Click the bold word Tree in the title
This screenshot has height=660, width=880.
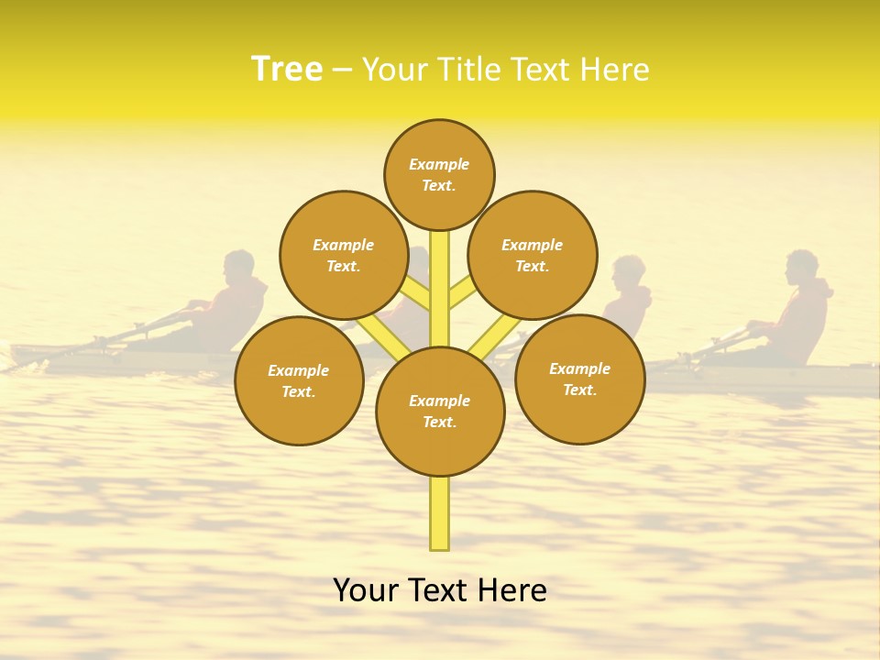pyautogui.click(x=287, y=70)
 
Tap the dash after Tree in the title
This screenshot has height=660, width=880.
pyautogui.click(x=342, y=71)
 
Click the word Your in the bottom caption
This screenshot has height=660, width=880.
pyautogui.click(x=365, y=590)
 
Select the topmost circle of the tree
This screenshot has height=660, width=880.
pyautogui.click(x=439, y=174)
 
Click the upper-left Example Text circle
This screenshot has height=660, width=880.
pyautogui.click(x=343, y=255)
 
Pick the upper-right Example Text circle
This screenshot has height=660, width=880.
pyautogui.click(x=532, y=255)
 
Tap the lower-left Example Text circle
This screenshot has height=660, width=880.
pyautogui.click(x=298, y=380)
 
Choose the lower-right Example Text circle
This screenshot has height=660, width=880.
pyautogui.click(x=579, y=379)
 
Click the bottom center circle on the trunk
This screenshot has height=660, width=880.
pyautogui.click(x=439, y=411)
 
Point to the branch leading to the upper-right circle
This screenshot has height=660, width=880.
pyautogui.click(x=462, y=292)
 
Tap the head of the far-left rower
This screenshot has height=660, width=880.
pyautogui.click(x=239, y=267)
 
